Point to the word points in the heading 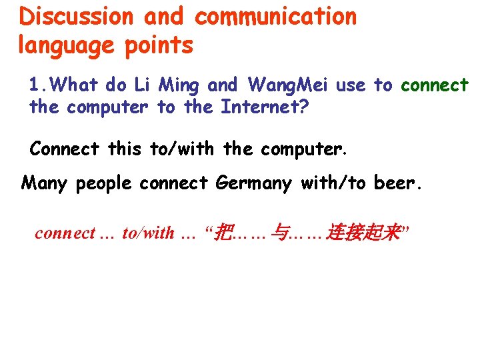[x=165, y=45]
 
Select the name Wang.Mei [x=288, y=85]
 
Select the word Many [x=45, y=183]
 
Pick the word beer [x=398, y=183]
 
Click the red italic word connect [x=65, y=233]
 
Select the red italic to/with [x=148, y=233]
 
